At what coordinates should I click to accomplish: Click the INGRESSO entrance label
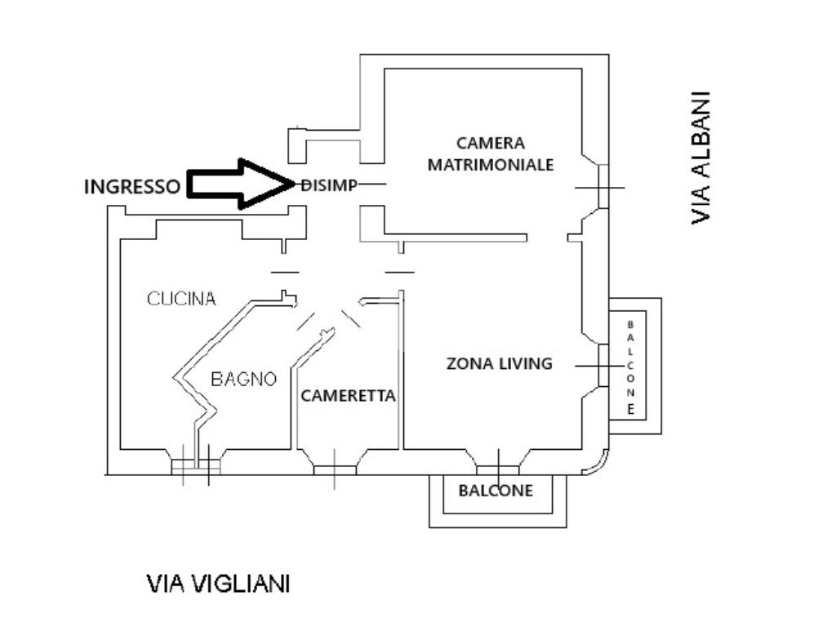click(131, 187)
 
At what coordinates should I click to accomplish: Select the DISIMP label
click(329, 185)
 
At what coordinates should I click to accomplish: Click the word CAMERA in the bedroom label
click(491, 144)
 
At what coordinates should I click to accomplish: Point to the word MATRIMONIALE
click(491, 165)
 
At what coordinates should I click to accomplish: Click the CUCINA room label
click(181, 299)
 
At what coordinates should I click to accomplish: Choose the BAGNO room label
click(243, 379)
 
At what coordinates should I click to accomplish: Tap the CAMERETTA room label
click(348, 396)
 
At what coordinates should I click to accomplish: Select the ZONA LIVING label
click(499, 364)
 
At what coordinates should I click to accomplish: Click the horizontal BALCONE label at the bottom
click(496, 491)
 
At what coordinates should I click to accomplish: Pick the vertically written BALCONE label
click(630, 367)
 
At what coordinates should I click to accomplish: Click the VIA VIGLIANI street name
click(218, 585)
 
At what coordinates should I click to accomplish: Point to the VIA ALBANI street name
click(700, 157)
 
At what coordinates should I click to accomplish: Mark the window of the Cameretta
click(335, 469)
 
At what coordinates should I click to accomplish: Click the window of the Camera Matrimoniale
click(603, 188)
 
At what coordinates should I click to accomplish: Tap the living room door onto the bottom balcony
click(498, 469)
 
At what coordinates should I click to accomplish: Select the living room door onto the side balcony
click(603, 365)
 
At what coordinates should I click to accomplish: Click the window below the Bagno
click(196, 465)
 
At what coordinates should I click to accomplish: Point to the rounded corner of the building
click(596, 464)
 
